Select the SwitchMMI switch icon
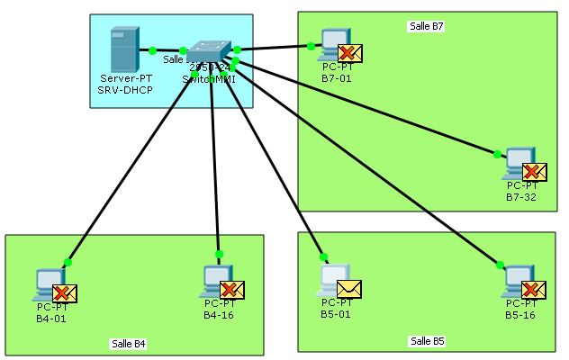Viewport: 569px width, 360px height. [x=210, y=53]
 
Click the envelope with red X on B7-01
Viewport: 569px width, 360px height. [x=349, y=51]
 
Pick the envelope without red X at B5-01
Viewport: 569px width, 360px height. [x=348, y=288]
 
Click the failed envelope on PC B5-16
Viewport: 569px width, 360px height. [x=534, y=289]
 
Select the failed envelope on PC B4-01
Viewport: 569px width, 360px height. [x=64, y=292]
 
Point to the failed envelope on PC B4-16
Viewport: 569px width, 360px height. [x=232, y=289]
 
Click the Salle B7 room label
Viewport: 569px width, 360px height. [x=426, y=26]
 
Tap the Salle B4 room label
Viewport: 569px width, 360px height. [x=128, y=344]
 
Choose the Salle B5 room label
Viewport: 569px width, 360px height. [x=427, y=341]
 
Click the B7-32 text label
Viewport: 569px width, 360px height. [x=521, y=196]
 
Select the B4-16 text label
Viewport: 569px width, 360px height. [x=220, y=315]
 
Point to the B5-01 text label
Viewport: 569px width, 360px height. [x=337, y=315]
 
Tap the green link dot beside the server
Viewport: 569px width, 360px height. [x=153, y=50]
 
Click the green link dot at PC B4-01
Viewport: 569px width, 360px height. [x=68, y=262]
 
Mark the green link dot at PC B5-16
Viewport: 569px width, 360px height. [x=498, y=265]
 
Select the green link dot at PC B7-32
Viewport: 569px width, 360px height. [x=497, y=154]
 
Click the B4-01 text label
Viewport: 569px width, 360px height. [x=51, y=318]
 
